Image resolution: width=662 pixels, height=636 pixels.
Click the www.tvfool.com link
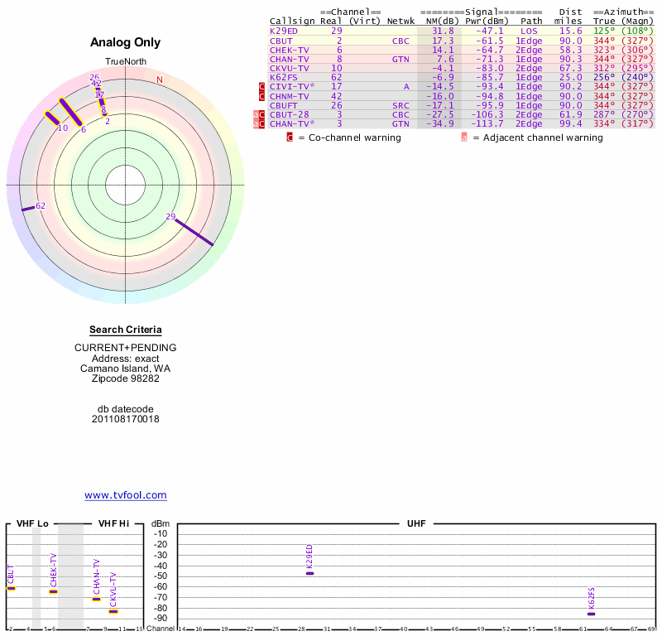tap(126, 495)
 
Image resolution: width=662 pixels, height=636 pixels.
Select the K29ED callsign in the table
tap(283, 31)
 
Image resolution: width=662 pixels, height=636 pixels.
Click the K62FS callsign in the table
tap(283, 77)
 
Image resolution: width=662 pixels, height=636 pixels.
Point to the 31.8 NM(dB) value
tap(443, 31)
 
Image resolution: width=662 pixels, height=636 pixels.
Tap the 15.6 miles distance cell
tap(571, 31)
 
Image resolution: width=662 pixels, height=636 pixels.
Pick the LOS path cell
tap(530, 31)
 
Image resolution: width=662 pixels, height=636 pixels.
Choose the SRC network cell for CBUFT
tap(401, 105)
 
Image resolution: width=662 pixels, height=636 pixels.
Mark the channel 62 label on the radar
tap(40, 205)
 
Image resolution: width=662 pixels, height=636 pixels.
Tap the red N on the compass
tap(160, 79)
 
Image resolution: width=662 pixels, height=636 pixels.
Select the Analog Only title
tap(125, 42)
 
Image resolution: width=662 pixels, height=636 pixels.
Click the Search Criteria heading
tap(125, 330)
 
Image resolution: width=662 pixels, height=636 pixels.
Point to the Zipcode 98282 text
tap(125, 378)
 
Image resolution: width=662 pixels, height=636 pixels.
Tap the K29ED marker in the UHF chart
tap(310, 573)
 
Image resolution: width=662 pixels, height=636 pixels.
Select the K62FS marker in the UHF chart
tap(591, 614)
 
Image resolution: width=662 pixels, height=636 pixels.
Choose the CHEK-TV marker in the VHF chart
tap(54, 591)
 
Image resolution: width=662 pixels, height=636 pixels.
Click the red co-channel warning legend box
tap(290, 137)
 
